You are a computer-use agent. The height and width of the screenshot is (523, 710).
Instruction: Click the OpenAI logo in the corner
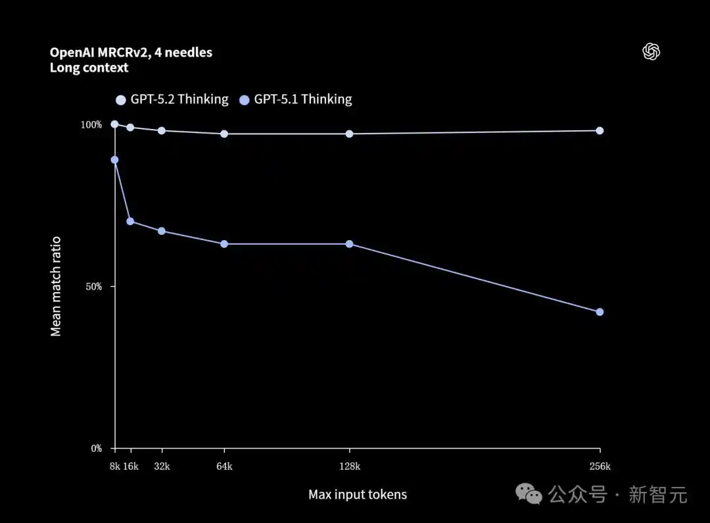click(x=651, y=52)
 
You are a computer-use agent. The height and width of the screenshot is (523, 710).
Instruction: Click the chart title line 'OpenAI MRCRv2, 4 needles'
click(x=131, y=53)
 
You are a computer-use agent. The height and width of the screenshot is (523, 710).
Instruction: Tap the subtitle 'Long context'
click(x=89, y=68)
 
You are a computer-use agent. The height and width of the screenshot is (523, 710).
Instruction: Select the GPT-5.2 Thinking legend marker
click(x=120, y=100)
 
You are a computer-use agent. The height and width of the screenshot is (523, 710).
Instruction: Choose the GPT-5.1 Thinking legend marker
click(x=244, y=100)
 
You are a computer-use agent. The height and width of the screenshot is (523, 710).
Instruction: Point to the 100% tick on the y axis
click(x=91, y=125)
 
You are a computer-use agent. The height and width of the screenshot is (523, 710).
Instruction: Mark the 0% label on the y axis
click(x=96, y=449)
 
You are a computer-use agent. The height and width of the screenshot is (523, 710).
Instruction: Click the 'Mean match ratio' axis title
click(x=56, y=286)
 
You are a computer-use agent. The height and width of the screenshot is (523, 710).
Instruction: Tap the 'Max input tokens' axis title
click(x=358, y=495)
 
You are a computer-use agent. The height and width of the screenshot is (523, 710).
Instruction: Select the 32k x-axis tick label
click(x=162, y=466)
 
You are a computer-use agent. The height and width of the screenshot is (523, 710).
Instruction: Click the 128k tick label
click(x=349, y=466)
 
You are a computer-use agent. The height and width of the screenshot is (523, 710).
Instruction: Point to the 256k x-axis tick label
click(x=600, y=466)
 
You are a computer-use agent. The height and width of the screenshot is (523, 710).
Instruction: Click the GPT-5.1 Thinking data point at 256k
click(x=600, y=312)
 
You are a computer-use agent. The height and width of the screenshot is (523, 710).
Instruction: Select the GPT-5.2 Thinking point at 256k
click(x=600, y=130)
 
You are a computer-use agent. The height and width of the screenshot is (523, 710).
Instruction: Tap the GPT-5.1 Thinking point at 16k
click(x=130, y=221)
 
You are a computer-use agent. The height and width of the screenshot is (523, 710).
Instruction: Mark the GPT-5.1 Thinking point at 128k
click(x=349, y=244)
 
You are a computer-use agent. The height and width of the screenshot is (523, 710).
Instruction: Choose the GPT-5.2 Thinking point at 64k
click(x=224, y=134)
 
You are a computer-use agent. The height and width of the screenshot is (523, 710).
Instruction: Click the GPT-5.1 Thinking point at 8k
click(x=114, y=160)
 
